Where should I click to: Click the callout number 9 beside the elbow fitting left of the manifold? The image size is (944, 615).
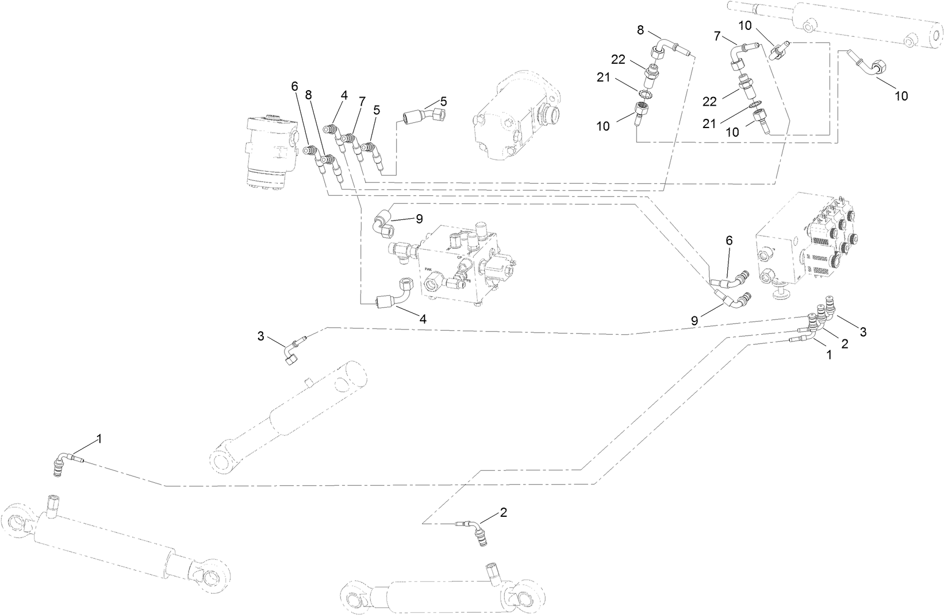pos(419,219)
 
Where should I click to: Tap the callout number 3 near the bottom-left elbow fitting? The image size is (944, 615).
pos(260,336)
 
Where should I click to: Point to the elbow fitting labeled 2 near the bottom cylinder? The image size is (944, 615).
pos(476,532)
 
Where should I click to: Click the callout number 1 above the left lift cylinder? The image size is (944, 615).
pos(99,439)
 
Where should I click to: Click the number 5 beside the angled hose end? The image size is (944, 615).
pos(443,102)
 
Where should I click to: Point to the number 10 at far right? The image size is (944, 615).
pos(901,96)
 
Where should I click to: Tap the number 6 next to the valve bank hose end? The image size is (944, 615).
pos(729,241)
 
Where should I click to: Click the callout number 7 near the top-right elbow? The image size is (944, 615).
pos(717,36)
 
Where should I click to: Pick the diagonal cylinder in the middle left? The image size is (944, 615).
pos(287,416)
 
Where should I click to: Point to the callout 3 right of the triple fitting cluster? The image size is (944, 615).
pos(862,331)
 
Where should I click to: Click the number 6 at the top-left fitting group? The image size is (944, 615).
pos(294,87)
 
